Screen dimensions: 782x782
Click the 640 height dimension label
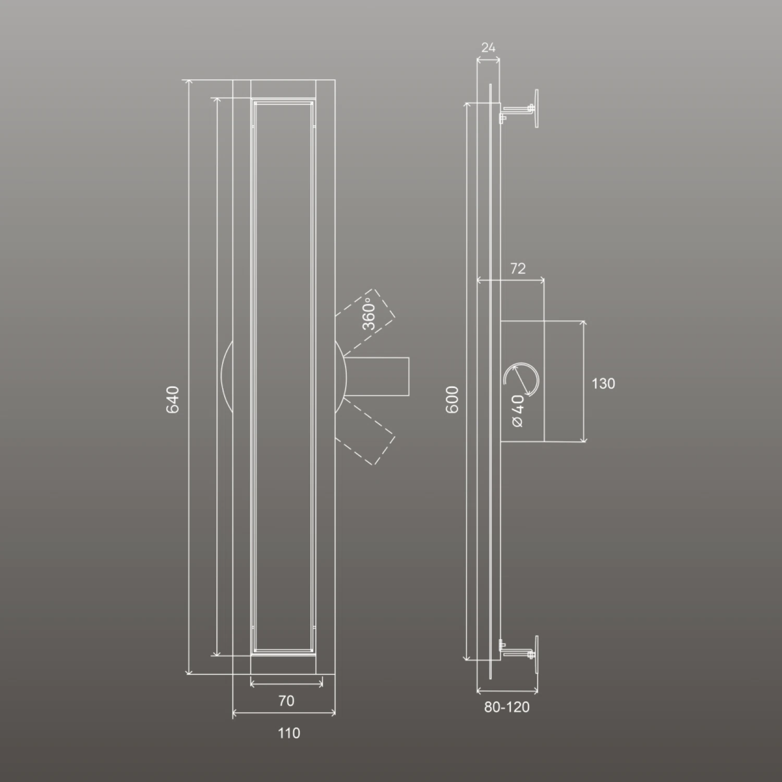pyautogui.click(x=173, y=399)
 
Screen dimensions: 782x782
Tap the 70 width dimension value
pyautogui.click(x=286, y=701)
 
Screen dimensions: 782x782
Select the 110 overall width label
pyautogui.click(x=289, y=733)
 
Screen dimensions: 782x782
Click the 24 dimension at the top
pyautogui.click(x=488, y=48)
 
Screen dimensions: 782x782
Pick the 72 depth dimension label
pyautogui.click(x=518, y=268)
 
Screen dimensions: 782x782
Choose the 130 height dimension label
pyautogui.click(x=603, y=384)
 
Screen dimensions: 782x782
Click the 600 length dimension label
pyautogui.click(x=452, y=399)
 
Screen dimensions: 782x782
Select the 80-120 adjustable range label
pyautogui.click(x=507, y=707)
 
